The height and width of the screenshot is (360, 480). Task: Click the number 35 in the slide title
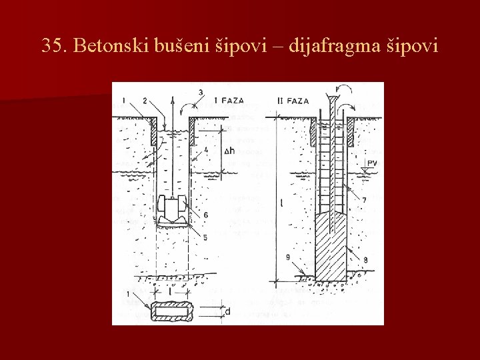pyautogui.click(x=52, y=46)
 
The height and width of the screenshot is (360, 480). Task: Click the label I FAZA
pyautogui.click(x=229, y=101)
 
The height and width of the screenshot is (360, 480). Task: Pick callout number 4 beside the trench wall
pyautogui.click(x=206, y=150)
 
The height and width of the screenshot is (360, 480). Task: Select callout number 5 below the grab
pyautogui.click(x=206, y=237)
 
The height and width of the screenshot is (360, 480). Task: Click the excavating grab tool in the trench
pyautogui.click(x=172, y=212)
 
